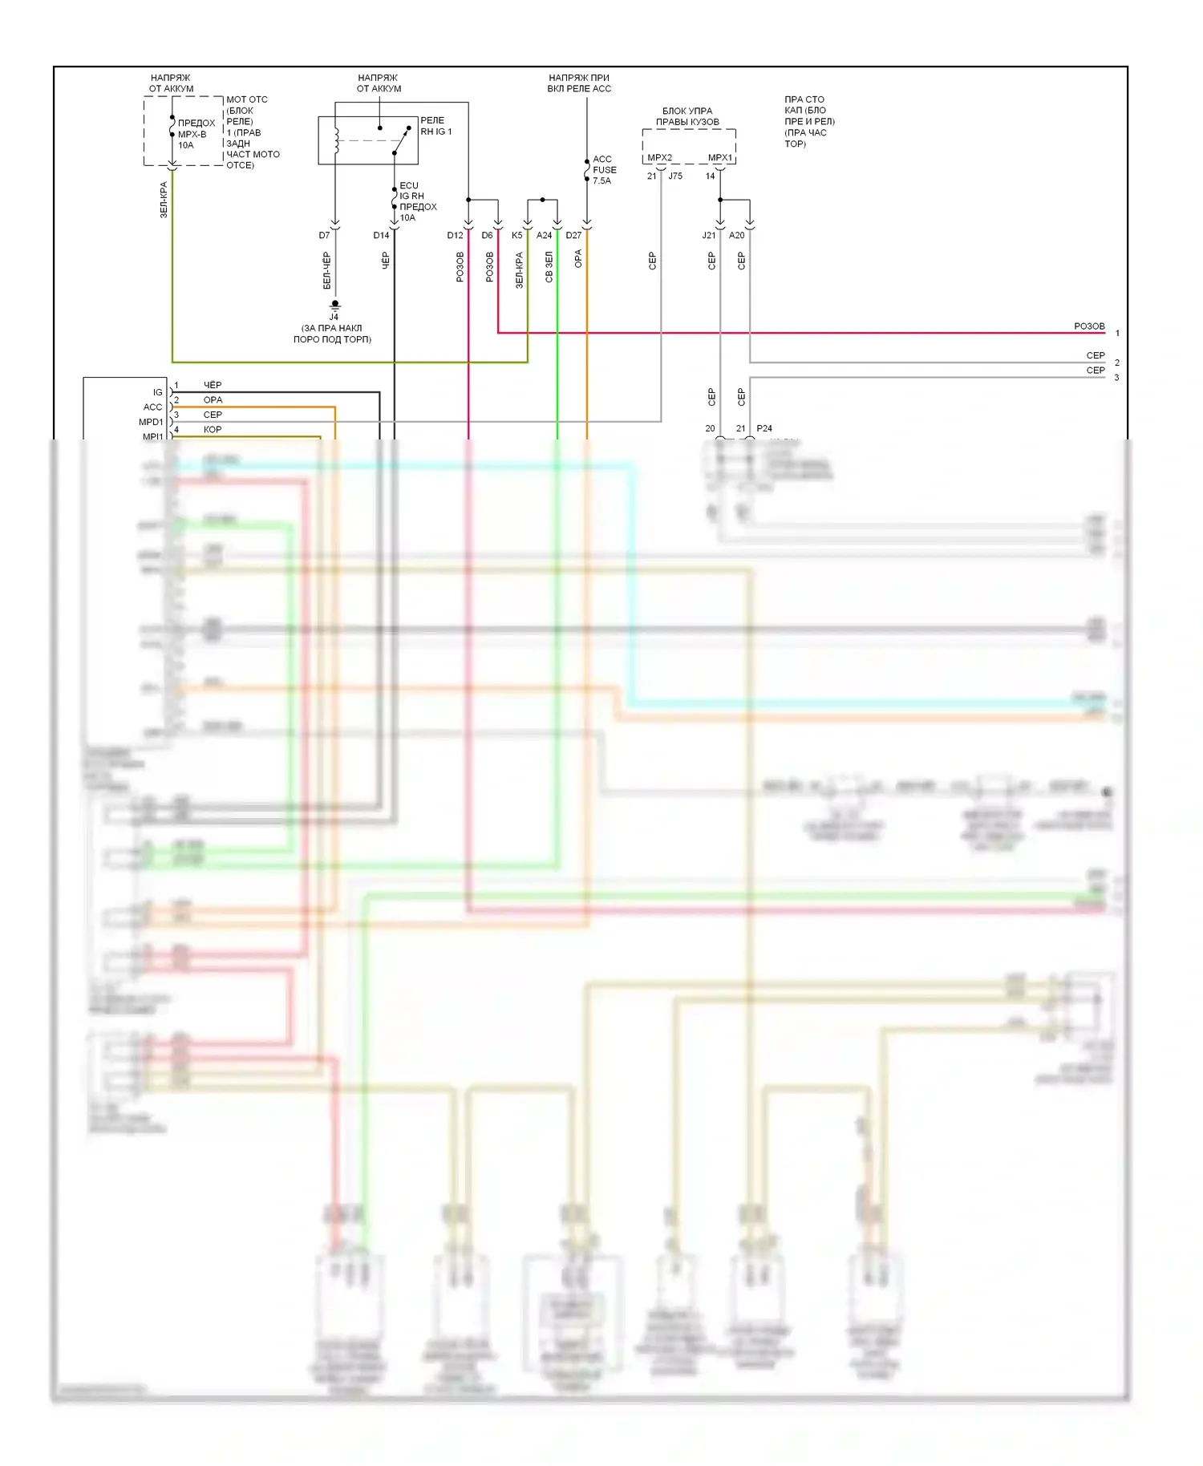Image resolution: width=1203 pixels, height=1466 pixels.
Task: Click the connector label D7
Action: tap(324, 235)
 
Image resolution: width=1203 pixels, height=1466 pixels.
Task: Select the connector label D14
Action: tap(381, 235)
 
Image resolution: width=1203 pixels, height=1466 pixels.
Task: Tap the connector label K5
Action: tap(516, 235)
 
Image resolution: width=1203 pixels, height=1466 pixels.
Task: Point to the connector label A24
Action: tap(544, 235)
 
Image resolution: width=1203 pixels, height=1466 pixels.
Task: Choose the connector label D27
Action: tap(573, 235)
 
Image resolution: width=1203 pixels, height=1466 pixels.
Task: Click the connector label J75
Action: tap(675, 176)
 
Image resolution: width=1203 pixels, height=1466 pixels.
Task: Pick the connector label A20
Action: tap(736, 235)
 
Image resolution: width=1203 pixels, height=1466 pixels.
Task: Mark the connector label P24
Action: tap(764, 428)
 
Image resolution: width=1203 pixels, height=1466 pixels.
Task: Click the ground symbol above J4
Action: tap(335, 305)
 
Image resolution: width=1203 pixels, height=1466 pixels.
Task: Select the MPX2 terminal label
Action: tap(659, 157)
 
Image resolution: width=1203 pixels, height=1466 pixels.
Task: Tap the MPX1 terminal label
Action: tap(719, 157)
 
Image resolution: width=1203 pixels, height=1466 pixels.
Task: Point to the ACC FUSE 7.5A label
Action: tap(604, 170)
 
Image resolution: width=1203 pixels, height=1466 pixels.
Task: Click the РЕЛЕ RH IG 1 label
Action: tap(435, 126)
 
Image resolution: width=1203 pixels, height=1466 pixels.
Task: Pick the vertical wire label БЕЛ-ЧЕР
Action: tap(326, 270)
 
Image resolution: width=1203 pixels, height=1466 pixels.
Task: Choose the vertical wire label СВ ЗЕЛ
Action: tap(549, 267)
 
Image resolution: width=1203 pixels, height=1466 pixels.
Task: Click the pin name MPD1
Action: tap(151, 422)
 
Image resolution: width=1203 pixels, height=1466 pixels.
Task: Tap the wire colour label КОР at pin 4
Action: tap(213, 430)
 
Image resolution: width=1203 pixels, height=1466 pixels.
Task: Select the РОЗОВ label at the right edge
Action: tap(1089, 326)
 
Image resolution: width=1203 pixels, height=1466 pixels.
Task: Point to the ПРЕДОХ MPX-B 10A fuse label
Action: tap(196, 134)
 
